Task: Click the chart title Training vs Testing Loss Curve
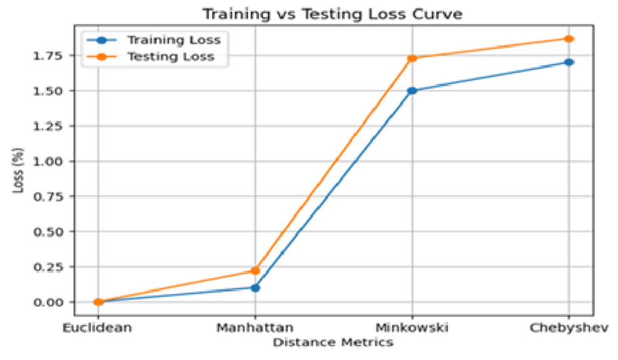point(332,14)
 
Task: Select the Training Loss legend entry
point(154,40)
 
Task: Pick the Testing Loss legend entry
point(150,57)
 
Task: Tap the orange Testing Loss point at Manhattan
point(255,270)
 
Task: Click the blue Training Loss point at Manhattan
point(255,288)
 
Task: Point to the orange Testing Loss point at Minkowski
point(412,58)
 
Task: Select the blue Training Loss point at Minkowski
point(412,91)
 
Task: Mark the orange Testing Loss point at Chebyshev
point(568,39)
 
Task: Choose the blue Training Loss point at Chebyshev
point(568,62)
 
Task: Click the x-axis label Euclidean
point(97,327)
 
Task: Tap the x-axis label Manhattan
point(255,327)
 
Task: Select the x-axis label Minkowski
point(412,327)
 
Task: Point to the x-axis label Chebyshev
point(569,328)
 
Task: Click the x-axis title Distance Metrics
point(333,342)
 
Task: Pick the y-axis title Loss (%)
point(18,171)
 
